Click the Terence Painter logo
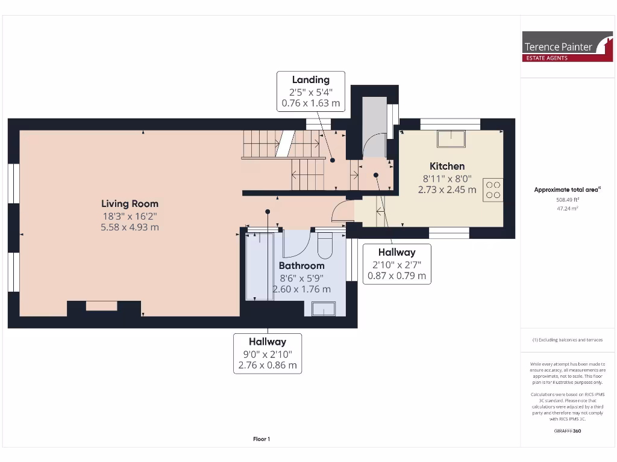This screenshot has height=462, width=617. [567, 46]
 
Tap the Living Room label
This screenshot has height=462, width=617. [130, 204]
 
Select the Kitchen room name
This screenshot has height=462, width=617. [447, 166]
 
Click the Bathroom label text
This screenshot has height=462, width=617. [301, 265]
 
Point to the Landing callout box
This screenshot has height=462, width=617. [311, 91]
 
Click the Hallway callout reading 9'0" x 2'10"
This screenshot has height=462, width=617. [268, 353]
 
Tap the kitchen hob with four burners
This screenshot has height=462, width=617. [493, 190]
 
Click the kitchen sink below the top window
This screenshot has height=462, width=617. [451, 138]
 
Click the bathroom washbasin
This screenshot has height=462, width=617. [324, 309]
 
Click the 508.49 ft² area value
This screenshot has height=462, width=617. [568, 199]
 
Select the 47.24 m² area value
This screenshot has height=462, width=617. [568, 208]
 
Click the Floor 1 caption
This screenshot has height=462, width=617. [262, 439]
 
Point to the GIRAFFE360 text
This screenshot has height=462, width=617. [568, 431]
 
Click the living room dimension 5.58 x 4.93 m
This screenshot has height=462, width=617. [130, 227]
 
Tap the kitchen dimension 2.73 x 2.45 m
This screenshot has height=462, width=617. [447, 189]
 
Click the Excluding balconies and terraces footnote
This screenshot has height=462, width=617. [568, 340]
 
